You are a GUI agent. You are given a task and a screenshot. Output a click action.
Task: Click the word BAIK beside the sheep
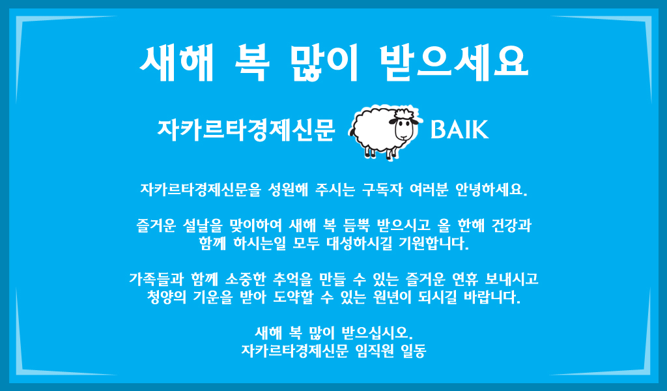(x=459, y=129)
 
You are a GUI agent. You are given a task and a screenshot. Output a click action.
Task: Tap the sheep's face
(x=403, y=127)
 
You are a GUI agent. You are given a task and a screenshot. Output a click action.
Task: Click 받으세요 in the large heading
(x=454, y=63)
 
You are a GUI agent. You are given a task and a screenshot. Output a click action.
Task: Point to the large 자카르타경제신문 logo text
(x=246, y=130)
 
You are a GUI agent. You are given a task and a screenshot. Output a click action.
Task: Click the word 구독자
(x=382, y=190)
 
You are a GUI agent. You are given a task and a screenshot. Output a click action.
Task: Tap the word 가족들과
(x=156, y=279)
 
